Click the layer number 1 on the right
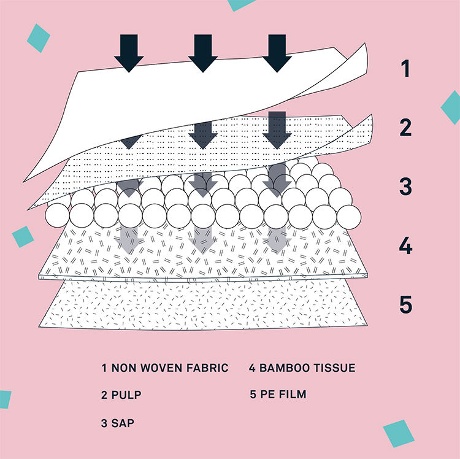coord(405,68)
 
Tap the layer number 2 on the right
coord(405,128)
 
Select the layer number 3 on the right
coord(405,185)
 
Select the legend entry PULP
coord(121,395)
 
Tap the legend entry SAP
coord(118,423)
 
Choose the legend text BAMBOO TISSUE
coord(302,368)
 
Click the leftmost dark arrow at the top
coord(129,53)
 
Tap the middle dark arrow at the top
coord(203,53)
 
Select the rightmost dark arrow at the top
coord(278,53)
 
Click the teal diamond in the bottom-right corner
coord(399,433)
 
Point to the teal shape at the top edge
coord(241,4)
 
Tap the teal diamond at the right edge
coord(451,107)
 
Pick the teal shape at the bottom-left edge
coord(4,399)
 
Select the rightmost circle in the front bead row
coord(348,215)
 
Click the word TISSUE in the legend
coord(334,368)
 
